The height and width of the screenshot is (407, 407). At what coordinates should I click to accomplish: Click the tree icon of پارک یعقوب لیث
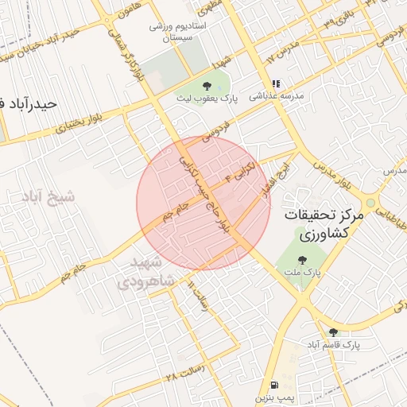pos(207,85)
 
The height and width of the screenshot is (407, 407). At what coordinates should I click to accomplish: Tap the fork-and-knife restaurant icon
pos(276,83)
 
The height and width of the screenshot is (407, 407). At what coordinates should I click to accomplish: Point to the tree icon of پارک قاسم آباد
pos(333,332)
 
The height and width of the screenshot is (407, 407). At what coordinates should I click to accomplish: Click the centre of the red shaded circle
pos(203,203)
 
